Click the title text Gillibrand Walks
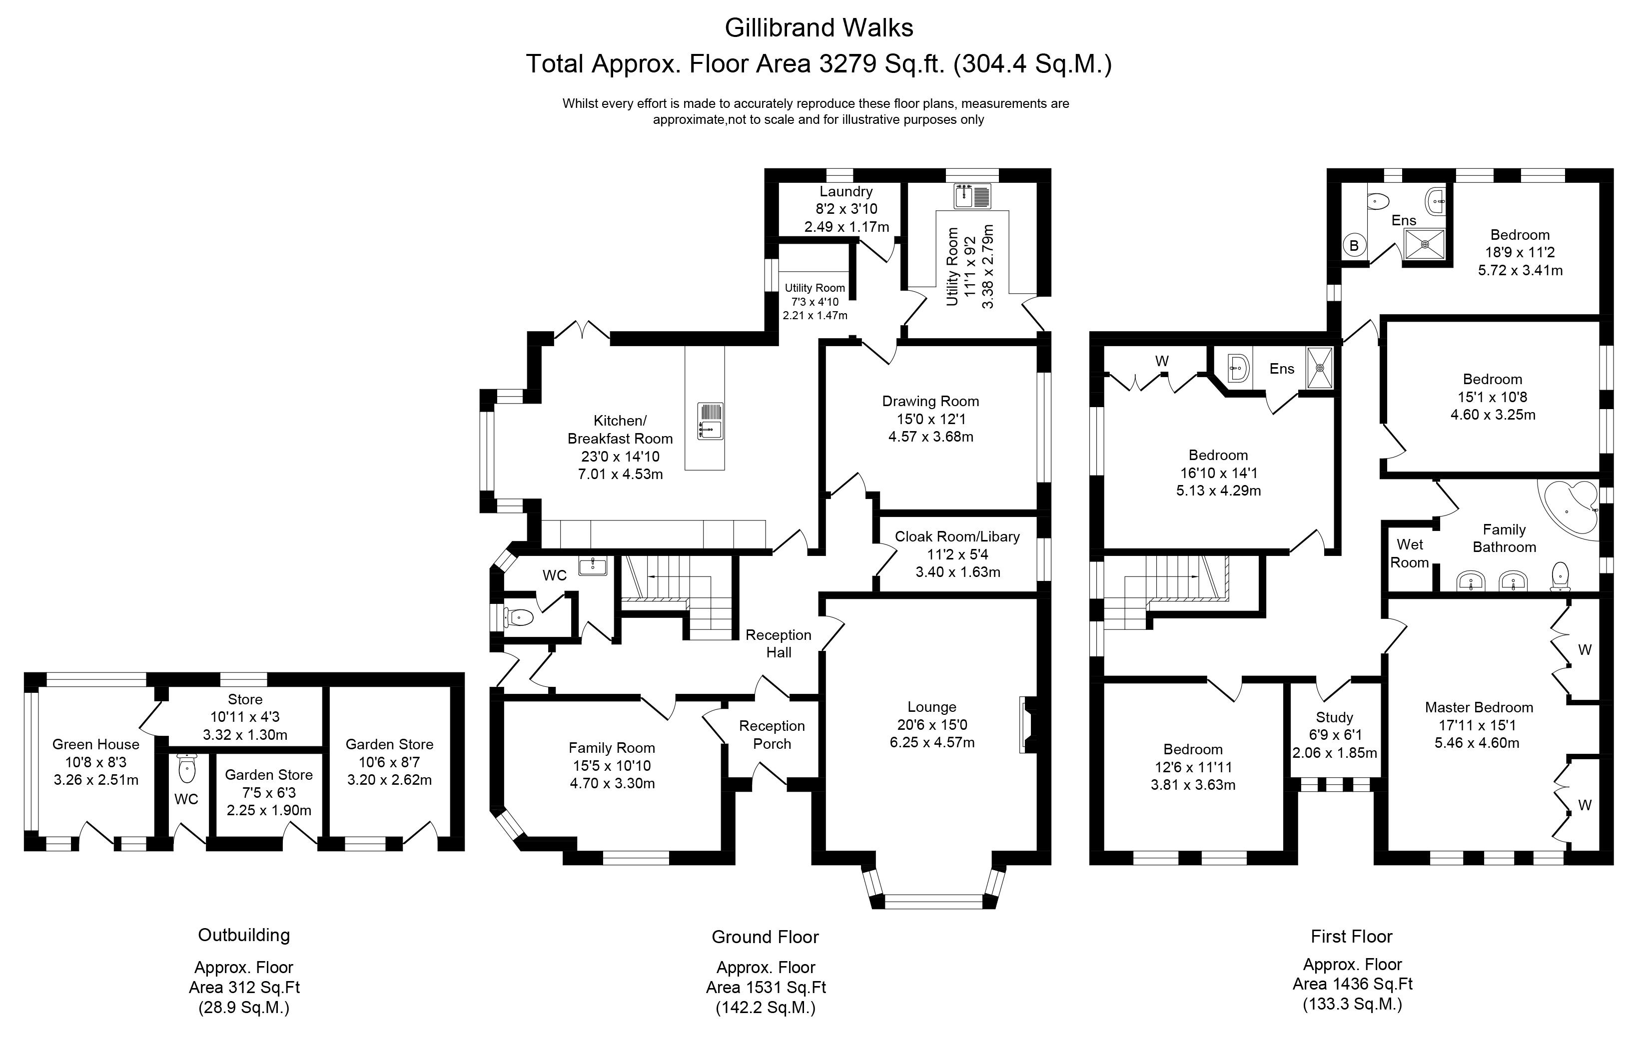[x=819, y=28]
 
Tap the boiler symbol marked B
[x=1354, y=246]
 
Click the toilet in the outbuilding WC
[x=186, y=769]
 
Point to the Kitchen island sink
[x=710, y=421]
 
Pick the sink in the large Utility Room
[x=972, y=196]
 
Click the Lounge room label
[x=931, y=707]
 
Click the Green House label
[x=95, y=744]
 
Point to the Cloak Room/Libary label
[x=957, y=537]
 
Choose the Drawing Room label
[x=930, y=401]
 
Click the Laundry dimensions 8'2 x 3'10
[x=846, y=209]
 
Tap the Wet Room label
[x=1410, y=554]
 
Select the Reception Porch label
[x=772, y=735]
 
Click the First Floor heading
[x=1352, y=937]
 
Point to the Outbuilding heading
[x=244, y=935]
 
